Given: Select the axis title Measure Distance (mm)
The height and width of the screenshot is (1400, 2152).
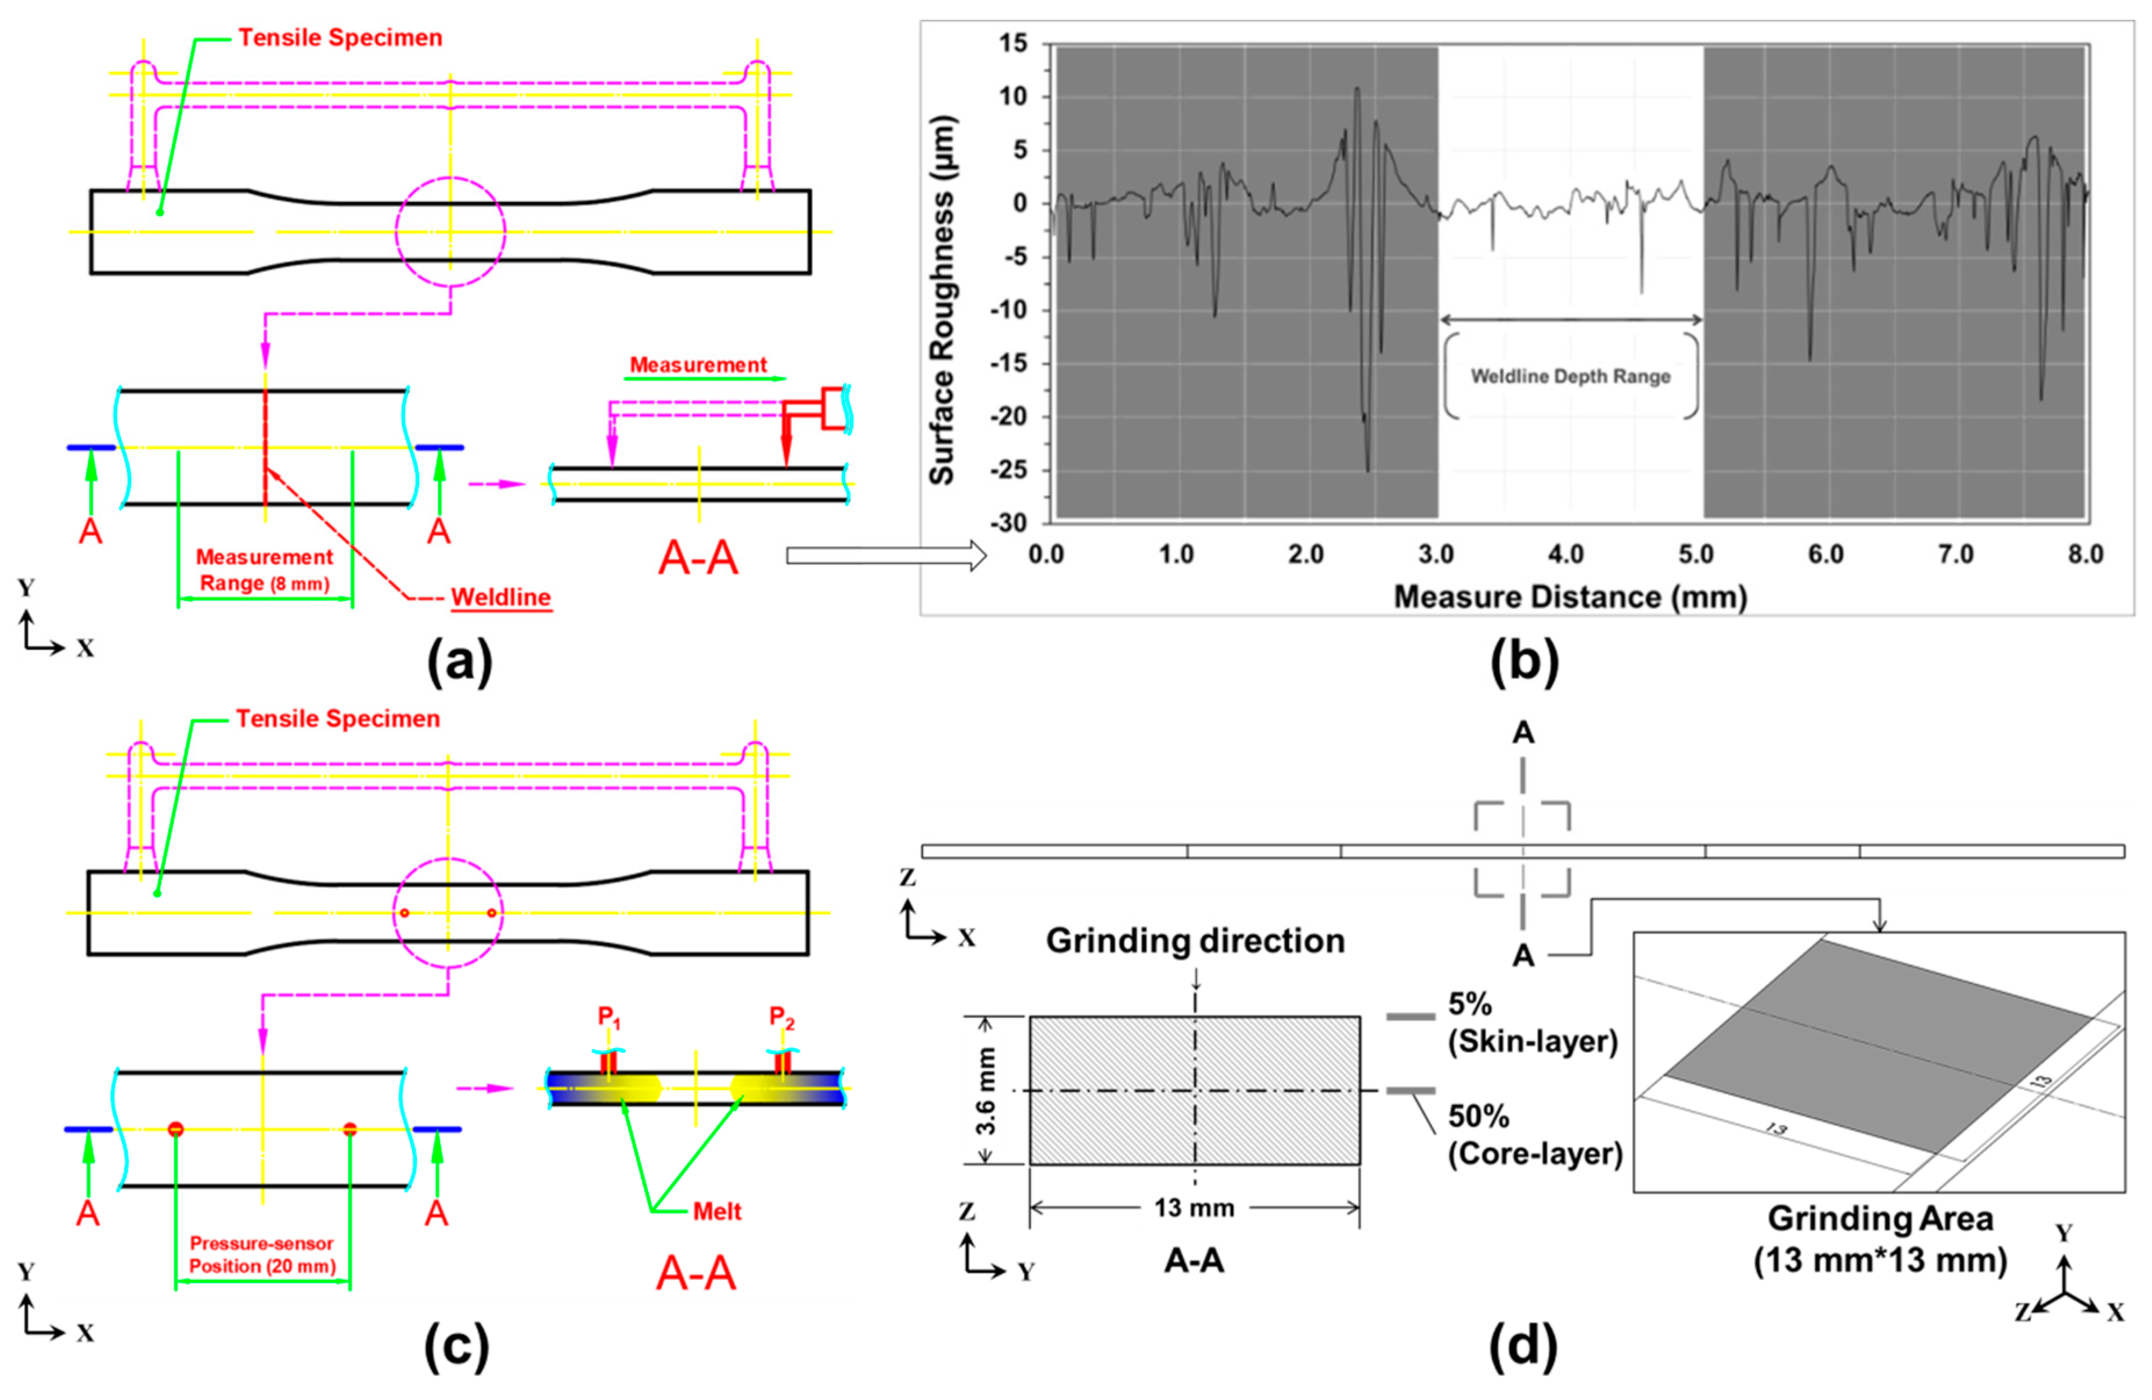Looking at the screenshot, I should pos(1570,597).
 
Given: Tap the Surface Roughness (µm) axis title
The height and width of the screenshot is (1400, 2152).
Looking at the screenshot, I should pos(942,300).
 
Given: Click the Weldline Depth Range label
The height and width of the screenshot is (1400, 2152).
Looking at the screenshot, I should pos(1570,376).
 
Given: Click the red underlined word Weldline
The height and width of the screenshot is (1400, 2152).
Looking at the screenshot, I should pos(501,597).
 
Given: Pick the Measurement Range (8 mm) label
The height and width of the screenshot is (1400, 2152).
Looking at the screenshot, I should pos(264,570).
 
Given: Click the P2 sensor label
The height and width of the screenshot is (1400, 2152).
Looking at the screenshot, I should pos(781,1017).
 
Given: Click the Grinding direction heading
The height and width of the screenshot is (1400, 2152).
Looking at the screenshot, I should pos(1195,941).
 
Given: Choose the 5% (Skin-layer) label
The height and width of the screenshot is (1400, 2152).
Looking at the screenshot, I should pos(1532,1023).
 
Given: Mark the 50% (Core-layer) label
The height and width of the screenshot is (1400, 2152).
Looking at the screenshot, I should pos(1534,1135).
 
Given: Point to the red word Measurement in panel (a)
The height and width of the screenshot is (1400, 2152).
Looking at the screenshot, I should pos(698,365).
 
